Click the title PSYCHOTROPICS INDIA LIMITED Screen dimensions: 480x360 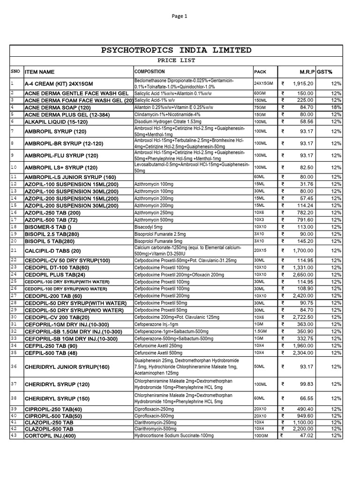(176, 50)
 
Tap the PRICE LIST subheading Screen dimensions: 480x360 (176, 60)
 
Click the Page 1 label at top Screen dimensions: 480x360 (180, 16)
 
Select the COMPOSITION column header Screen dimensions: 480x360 (150, 72)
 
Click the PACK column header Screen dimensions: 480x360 (260, 72)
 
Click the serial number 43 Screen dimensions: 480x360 (14, 435)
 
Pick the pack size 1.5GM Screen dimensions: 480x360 (260, 331)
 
